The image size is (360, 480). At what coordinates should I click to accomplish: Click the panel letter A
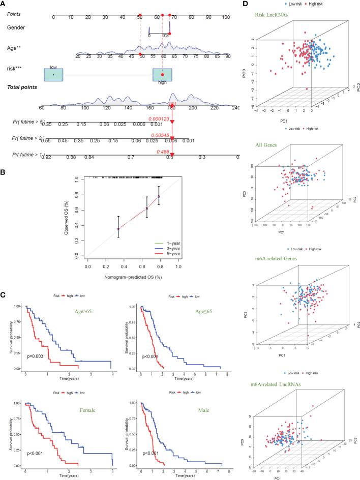4,4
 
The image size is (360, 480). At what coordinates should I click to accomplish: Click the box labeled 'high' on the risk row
162,75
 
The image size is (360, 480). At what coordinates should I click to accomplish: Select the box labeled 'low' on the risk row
53,74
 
